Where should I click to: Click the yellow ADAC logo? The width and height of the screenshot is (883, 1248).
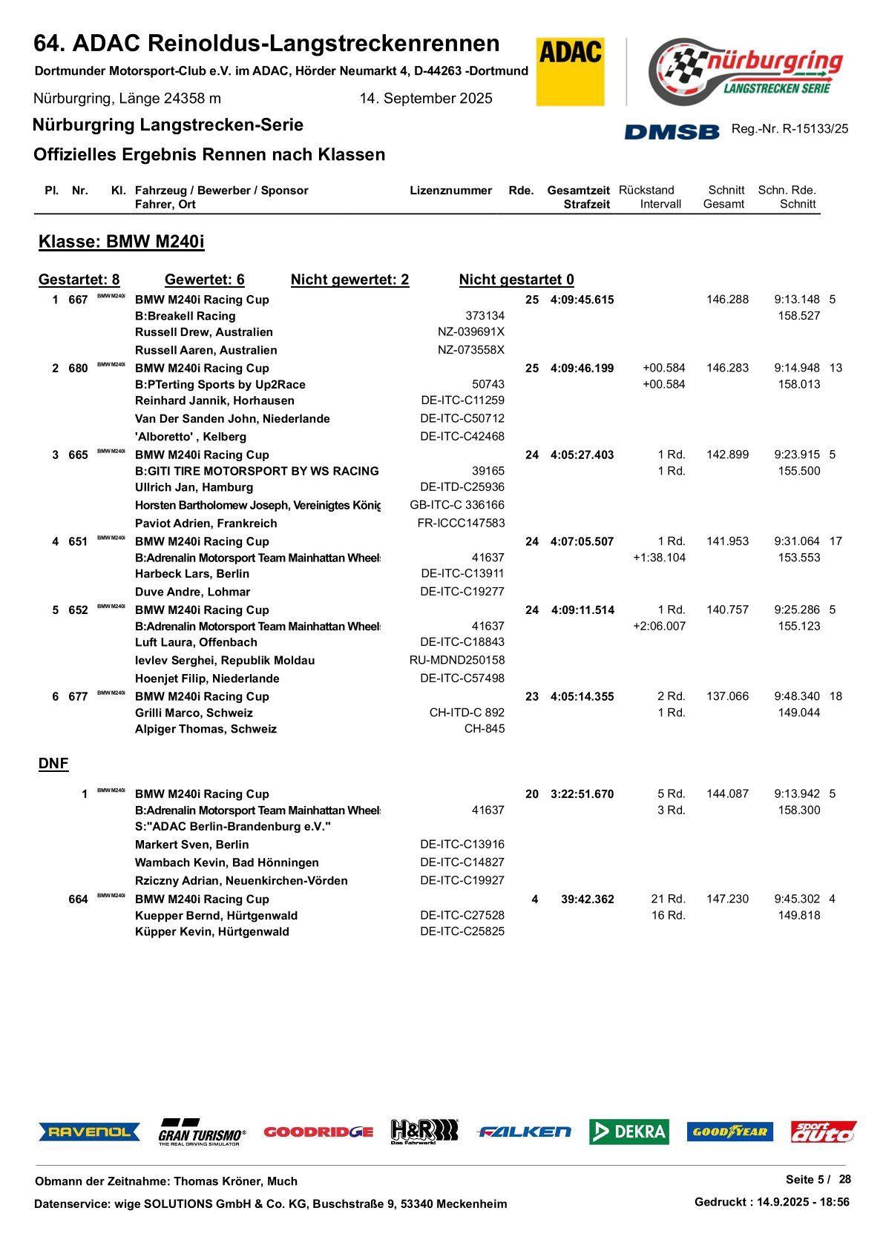tap(570, 72)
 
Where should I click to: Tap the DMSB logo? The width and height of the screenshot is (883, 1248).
tap(672, 131)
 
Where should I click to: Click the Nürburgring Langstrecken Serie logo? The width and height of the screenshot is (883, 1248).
tap(746, 71)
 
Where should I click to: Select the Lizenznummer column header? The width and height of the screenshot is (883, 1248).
tap(450, 191)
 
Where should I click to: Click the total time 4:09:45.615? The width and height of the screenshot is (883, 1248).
tap(582, 300)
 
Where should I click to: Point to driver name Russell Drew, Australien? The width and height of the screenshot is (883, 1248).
tap(203, 332)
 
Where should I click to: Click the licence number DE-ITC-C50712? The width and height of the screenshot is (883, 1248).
tap(462, 418)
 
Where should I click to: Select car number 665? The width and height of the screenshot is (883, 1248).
tap(78, 455)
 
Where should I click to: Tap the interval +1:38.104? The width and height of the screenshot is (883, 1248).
tap(659, 558)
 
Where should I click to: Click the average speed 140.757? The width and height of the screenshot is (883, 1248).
tap(727, 610)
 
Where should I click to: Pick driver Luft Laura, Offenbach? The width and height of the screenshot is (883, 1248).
tap(196, 642)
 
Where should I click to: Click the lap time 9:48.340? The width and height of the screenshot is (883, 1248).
tap(796, 696)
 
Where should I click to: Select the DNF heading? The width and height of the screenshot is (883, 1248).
tap(53, 764)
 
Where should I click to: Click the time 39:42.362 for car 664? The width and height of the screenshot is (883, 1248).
tap(587, 899)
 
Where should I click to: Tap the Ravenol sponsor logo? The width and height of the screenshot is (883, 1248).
tap(89, 1132)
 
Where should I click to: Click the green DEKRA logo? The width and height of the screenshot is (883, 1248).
tap(628, 1132)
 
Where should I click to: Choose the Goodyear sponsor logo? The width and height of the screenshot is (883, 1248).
tap(729, 1132)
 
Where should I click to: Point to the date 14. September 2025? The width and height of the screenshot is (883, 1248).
tap(426, 99)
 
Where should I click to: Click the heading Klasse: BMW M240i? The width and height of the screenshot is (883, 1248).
tap(121, 242)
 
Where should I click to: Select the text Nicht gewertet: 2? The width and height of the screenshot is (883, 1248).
tap(349, 280)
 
